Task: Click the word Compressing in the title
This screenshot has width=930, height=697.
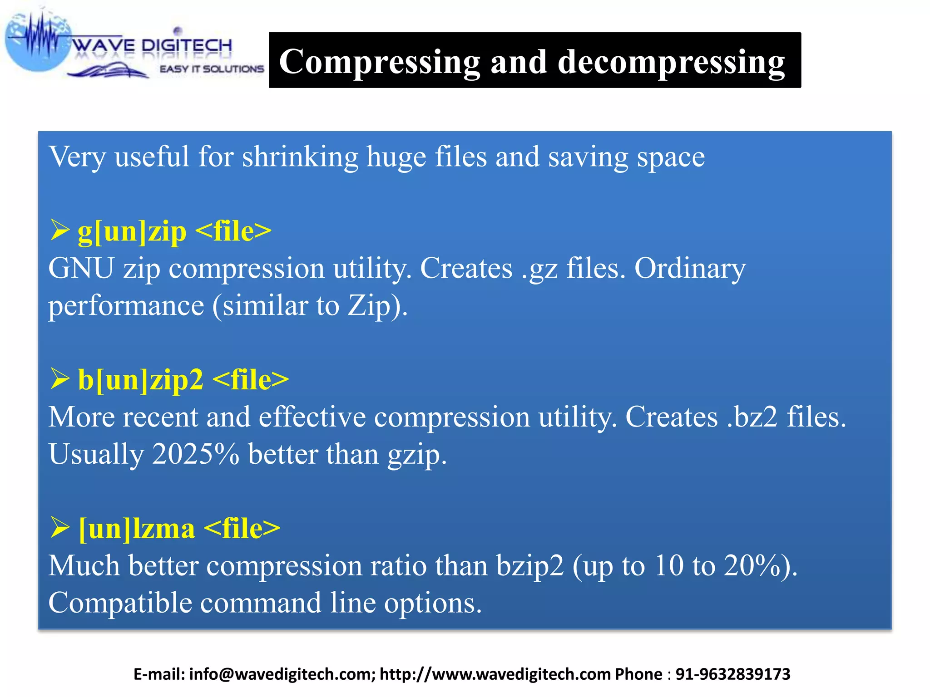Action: [380, 62]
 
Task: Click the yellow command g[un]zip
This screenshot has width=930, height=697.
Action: [132, 231]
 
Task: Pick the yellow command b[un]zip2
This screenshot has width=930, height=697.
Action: [141, 380]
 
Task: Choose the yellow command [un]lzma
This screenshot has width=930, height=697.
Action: [137, 529]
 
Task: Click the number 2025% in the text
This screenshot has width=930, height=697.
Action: [195, 454]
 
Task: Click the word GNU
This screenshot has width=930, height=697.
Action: [81, 268]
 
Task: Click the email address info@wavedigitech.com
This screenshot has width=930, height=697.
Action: [282, 674]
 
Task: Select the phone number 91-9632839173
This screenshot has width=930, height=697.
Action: [733, 674]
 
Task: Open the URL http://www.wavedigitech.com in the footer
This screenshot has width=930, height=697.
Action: [495, 674]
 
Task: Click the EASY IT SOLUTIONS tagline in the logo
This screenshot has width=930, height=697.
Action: [212, 69]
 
